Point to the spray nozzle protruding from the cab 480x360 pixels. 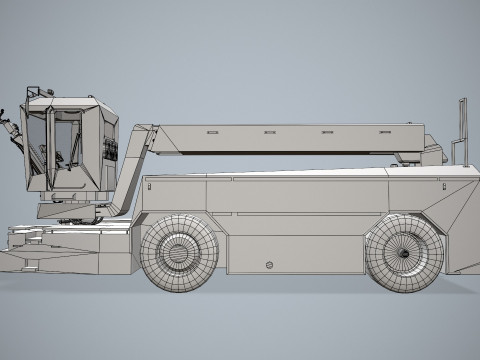coord(12,129)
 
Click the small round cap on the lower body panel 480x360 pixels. coord(269,265)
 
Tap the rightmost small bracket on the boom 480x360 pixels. coord(384,131)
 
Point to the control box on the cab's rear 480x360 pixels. coord(110,150)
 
